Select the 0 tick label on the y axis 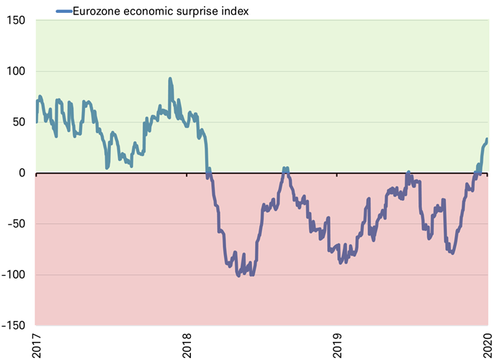22,173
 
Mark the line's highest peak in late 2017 170,78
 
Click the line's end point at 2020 487,139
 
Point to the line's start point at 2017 37,122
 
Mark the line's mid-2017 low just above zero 107,167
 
